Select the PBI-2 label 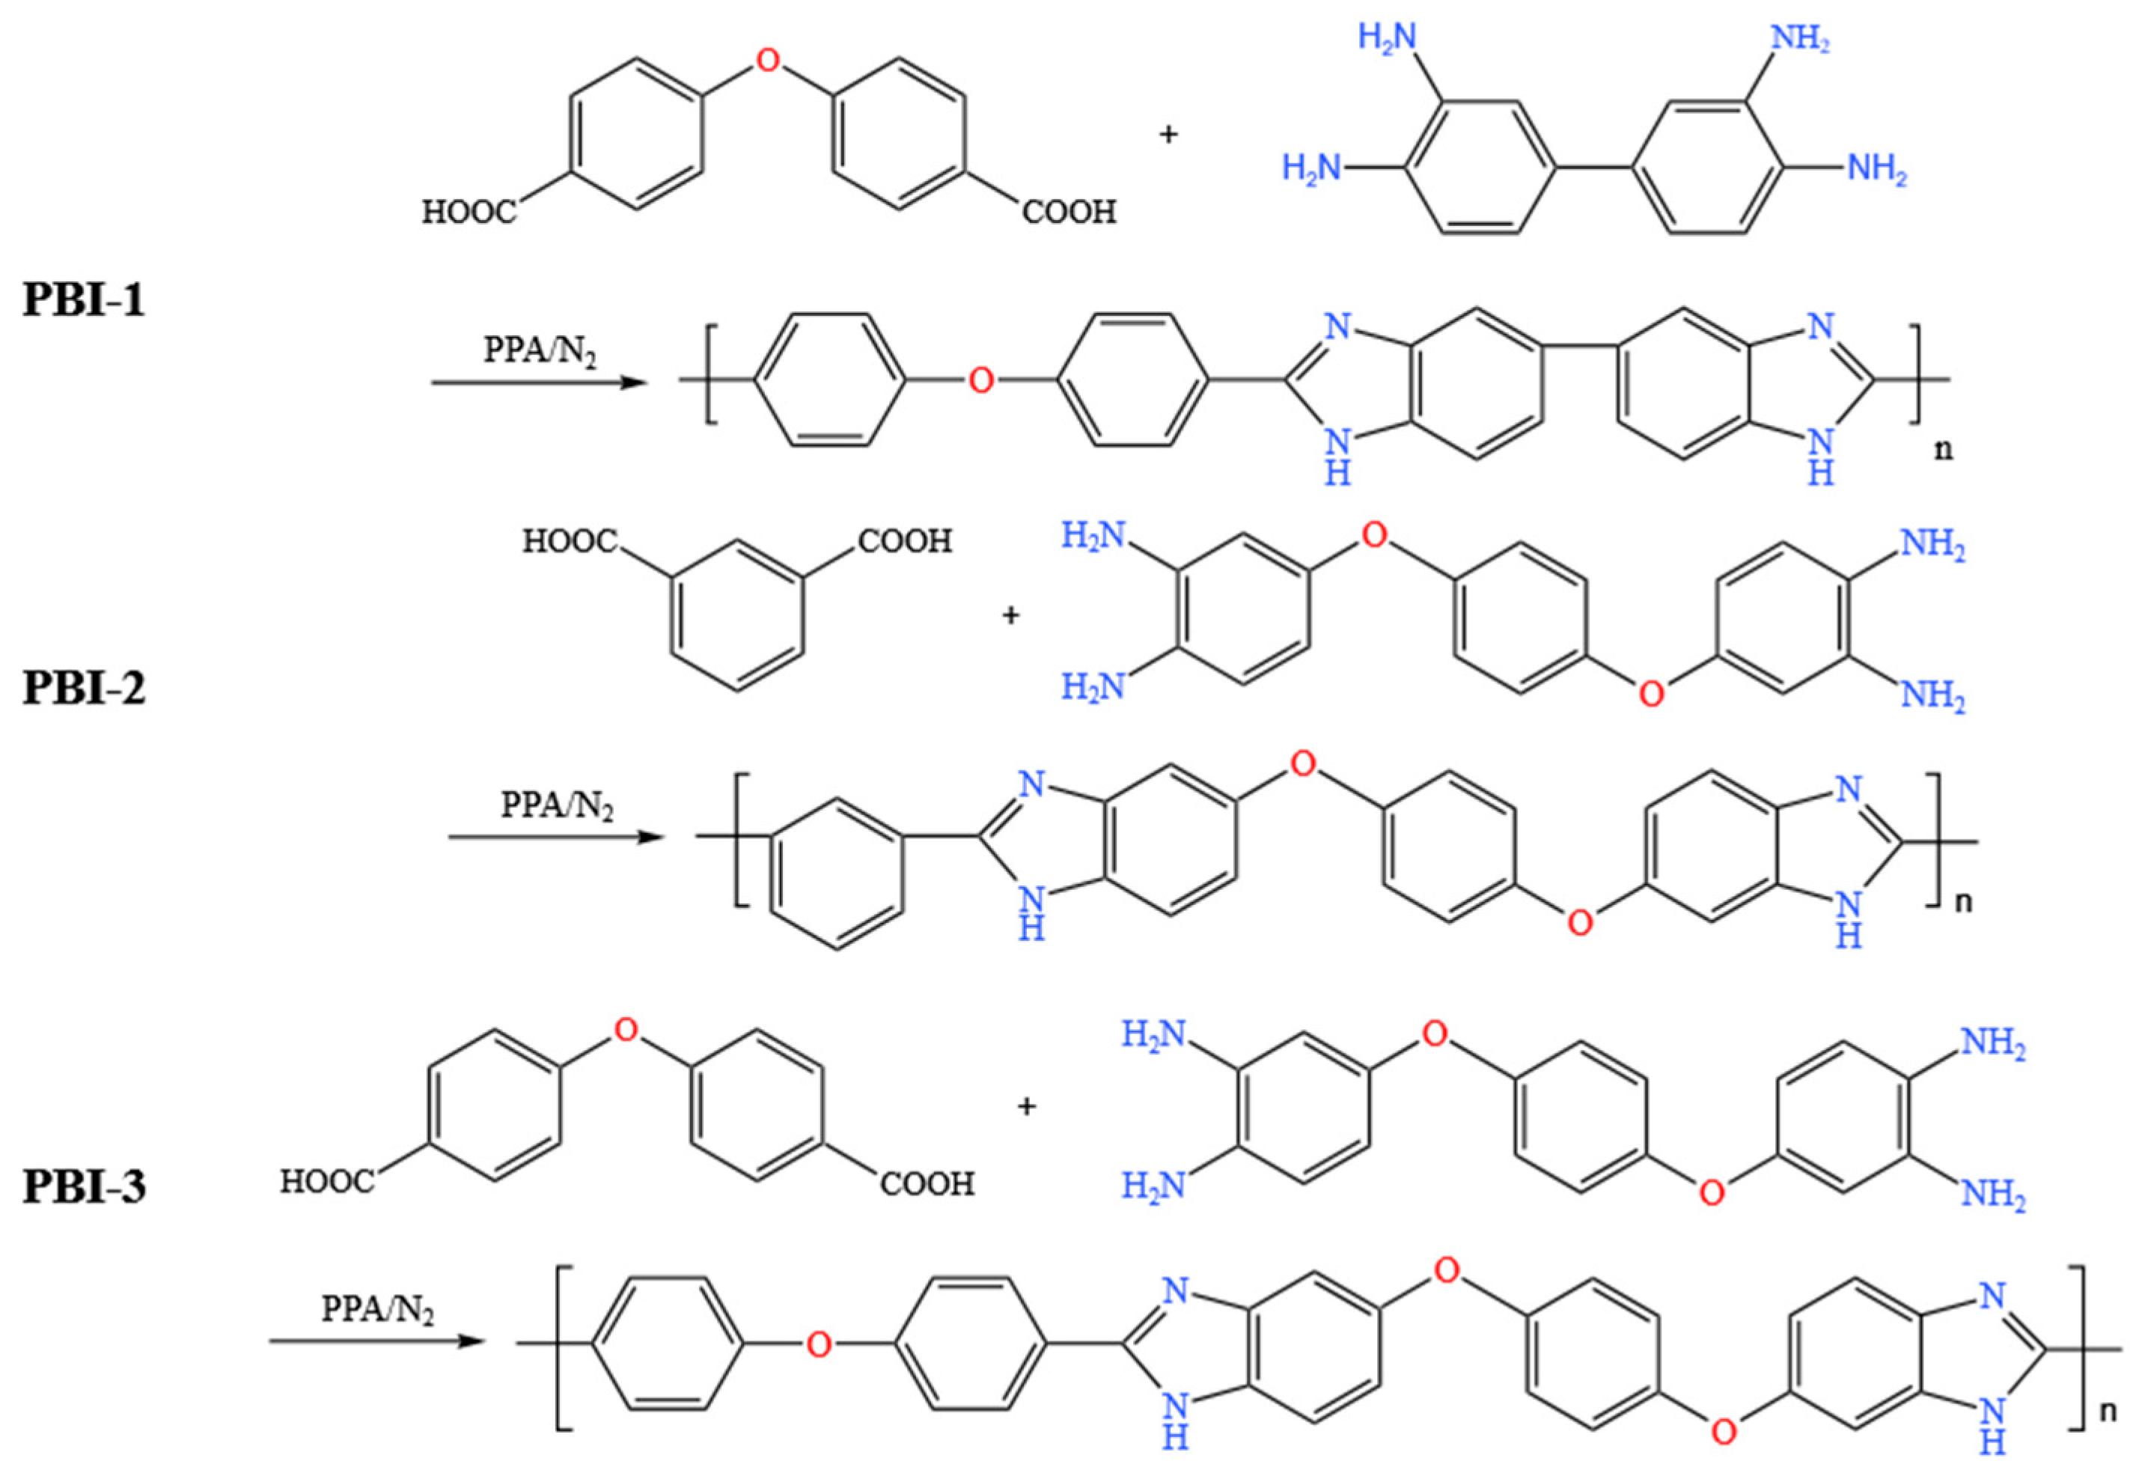point(85,689)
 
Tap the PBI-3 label point(85,1187)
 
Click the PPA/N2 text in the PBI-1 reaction point(541,352)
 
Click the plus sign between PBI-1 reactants point(1168,135)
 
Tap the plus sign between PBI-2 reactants point(1010,615)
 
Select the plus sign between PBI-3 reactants point(1026,1106)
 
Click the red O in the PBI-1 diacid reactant point(767,61)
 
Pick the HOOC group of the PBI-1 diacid point(470,213)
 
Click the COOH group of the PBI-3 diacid point(927,1183)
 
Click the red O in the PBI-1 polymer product point(980,380)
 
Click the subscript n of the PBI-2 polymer point(1962,902)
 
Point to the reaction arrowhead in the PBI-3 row point(474,1342)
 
